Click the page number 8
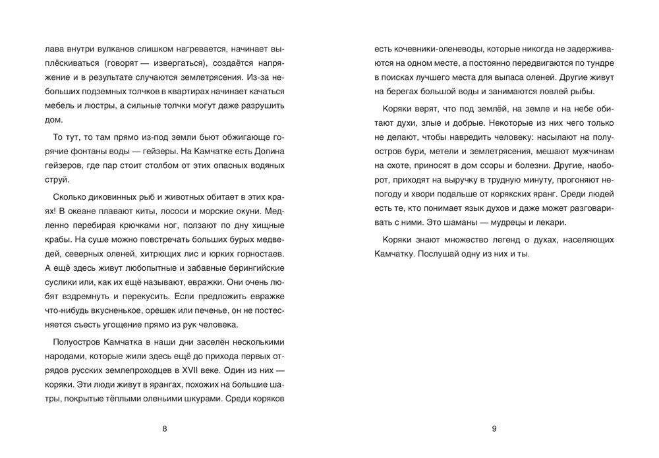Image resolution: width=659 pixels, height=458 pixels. [164, 429]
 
